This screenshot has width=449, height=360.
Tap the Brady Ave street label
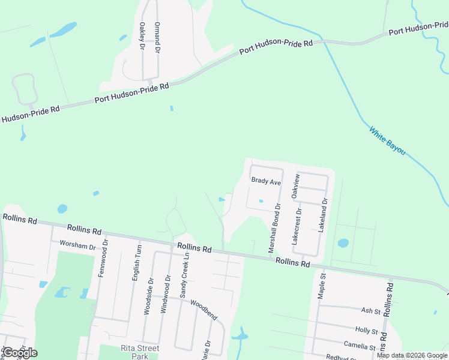tap(266, 181)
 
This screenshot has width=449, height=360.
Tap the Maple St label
tap(322, 286)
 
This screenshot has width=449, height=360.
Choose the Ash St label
tap(370, 311)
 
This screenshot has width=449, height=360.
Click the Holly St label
tap(366, 331)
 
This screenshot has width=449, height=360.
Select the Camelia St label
tap(360, 346)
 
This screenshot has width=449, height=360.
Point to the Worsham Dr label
tap(78, 247)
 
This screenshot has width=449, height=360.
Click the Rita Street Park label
tap(139, 352)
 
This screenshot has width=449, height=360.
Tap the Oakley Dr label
tap(142, 37)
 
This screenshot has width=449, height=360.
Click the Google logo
tap(20, 353)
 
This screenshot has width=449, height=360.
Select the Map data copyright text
tap(411, 355)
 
